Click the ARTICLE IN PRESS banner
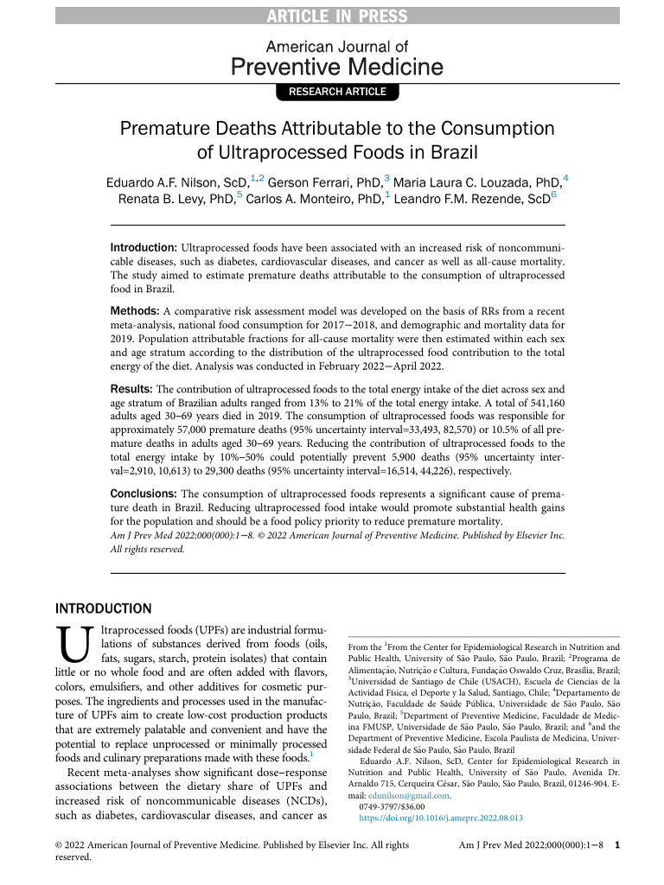click(332, 15)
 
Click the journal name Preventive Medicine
click(336, 67)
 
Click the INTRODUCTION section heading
click(103, 608)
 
